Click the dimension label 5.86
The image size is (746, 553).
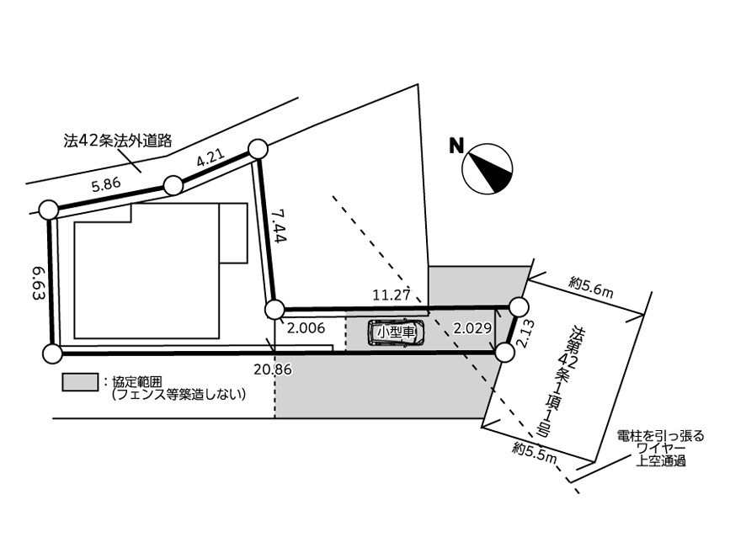click(106, 184)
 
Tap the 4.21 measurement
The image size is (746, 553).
click(210, 157)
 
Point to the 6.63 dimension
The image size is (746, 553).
click(39, 283)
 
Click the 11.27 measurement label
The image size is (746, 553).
click(391, 295)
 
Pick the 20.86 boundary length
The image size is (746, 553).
click(273, 369)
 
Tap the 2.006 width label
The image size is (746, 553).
click(306, 327)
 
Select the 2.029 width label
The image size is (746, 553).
click(472, 328)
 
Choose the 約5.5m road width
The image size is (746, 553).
click(535, 453)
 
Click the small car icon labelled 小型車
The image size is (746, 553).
click(396, 332)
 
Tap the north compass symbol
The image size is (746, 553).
click(488, 168)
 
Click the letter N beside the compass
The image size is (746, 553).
click(456, 146)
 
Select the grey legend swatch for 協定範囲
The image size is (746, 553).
click(80, 382)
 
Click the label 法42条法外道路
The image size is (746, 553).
click(118, 141)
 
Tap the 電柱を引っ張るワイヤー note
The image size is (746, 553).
click(660, 448)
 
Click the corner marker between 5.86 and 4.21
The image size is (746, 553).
click(173, 185)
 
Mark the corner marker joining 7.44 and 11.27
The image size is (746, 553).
click(274, 310)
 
